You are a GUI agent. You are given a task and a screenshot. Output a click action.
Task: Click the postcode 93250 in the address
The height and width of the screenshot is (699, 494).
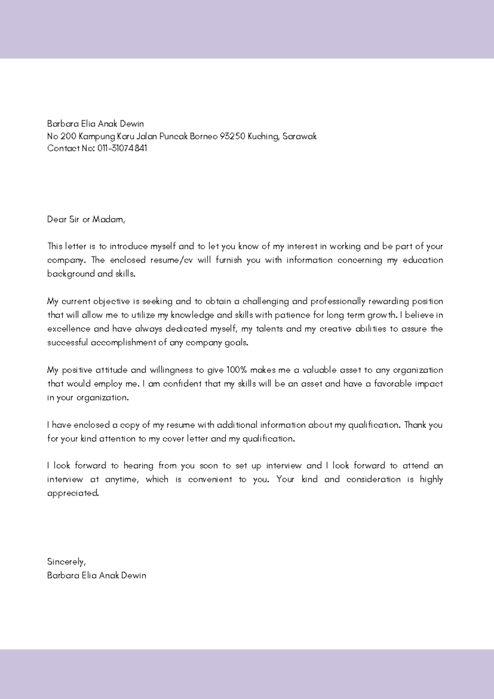pos(232,136)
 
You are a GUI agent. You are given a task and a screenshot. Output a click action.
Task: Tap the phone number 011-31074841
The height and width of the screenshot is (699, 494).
pos(122,148)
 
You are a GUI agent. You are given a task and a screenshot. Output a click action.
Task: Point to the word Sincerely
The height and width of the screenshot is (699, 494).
pos(66,562)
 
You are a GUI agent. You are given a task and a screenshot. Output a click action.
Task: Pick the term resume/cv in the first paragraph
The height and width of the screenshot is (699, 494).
pos(172,260)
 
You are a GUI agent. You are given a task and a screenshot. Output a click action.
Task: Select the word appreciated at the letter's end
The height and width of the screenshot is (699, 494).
pos(73,493)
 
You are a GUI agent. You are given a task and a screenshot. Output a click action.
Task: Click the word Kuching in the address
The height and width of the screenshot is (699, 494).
pos(263,136)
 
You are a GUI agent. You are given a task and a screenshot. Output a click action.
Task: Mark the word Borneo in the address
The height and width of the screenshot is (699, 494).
pos(203,136)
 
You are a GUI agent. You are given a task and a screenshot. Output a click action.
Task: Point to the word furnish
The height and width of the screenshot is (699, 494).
pos(228,260)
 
